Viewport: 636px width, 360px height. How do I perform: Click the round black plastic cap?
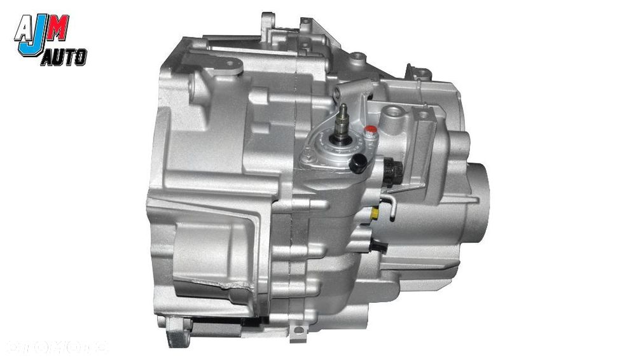pyautogui.click(x=358, y=165)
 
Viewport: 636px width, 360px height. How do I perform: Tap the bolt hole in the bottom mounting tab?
pyautogui.click(x=296, y=331)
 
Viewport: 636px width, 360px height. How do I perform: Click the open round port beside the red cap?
pyautogui.click(x=391, y=116)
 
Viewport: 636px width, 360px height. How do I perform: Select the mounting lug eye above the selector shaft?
pyautogui.click(x=359, y=58)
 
